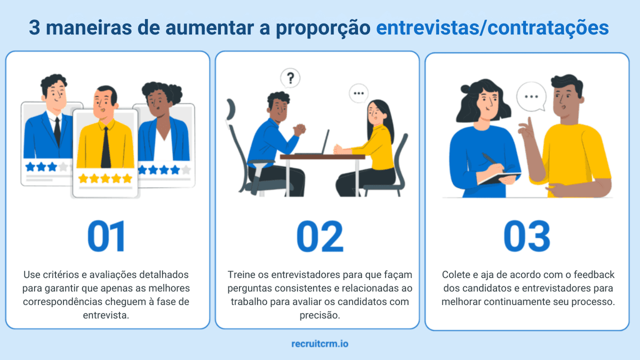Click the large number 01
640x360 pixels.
[106, 236]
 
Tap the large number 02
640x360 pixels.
[319, 236]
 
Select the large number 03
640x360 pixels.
[527, 236]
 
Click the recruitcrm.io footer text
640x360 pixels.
[320, 344]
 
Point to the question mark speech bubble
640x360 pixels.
[290, 79]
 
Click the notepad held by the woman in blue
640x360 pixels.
[499, 178]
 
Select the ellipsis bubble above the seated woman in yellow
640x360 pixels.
[358, 93]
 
